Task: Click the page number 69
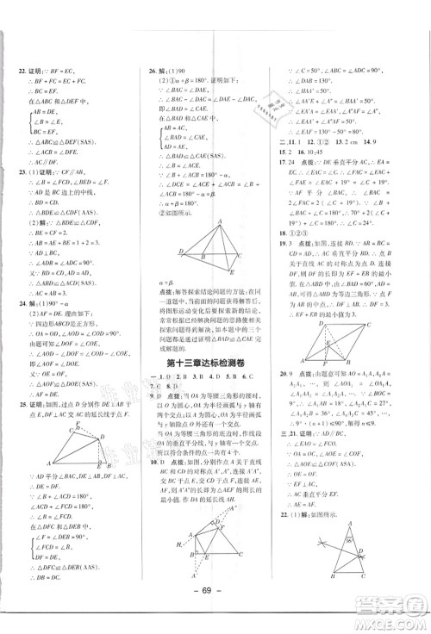coord(215,599)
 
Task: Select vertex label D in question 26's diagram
coord(180,251)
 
